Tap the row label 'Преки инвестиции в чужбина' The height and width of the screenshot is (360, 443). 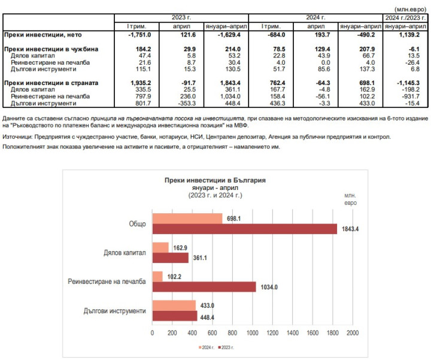pyautogui.click(x=43, y=49)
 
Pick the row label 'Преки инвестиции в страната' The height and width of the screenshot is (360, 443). pyautogui.click(x=44, y=82)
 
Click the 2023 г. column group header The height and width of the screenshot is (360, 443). pyautogui.click(x=180, y=17)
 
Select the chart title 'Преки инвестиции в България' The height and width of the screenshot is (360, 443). pyautogui.click(x=214, y=180)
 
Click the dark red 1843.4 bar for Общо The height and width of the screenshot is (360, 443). pyautogui.click(x=244, y=229)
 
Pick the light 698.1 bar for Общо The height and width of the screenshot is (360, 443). pyautogui.click(x=187, y=218)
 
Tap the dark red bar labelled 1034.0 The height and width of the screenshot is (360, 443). pyautogui.click(x=204, y=286)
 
